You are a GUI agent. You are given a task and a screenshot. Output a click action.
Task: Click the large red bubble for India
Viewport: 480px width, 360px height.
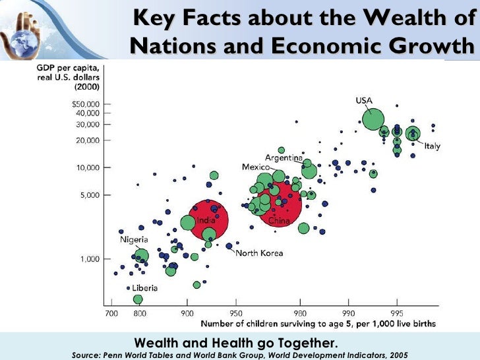click(x=208, y=220)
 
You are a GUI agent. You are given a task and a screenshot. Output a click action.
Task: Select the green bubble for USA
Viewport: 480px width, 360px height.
click(x=373, y=119)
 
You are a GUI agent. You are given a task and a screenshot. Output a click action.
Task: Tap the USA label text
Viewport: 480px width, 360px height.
click(x=365, y=100)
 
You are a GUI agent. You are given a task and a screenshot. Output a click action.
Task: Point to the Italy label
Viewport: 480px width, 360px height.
click(x=433, y=146)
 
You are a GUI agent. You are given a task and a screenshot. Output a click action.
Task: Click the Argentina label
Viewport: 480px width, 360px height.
click(x=284, y=157)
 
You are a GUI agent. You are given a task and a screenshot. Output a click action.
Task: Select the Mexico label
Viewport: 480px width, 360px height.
click(x=256, y=167)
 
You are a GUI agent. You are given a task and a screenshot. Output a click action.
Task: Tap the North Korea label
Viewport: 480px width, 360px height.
click(x=259, y=253)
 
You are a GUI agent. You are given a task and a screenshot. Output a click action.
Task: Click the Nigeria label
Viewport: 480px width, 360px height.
click(x=134, y=239)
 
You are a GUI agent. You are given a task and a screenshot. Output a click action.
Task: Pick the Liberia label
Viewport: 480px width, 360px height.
click(x=144, y=288)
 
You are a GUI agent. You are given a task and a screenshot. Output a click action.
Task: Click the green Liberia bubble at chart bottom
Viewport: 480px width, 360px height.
click(x=138, y=300)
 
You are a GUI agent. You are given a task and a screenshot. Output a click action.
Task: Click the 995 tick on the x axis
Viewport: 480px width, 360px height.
click(x=397, y=313)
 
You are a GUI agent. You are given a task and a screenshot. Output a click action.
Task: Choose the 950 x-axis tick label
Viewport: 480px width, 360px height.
click(x=235, y=313)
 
